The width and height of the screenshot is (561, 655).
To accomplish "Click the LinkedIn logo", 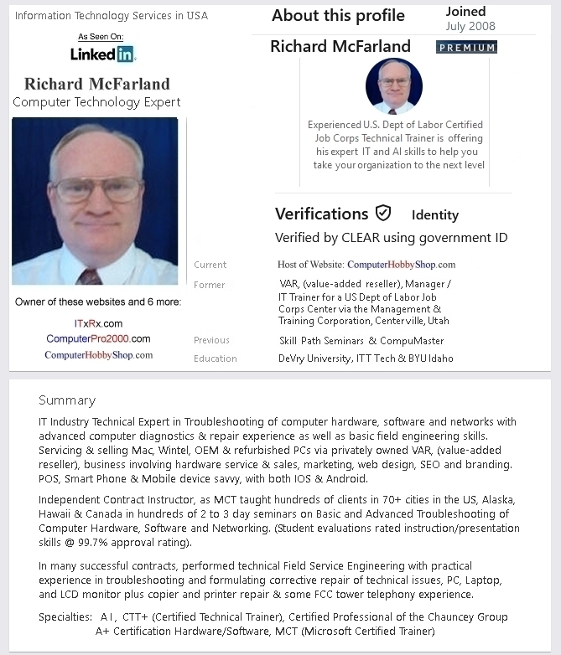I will point(102,54).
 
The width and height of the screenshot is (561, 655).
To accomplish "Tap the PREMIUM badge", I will point(466,48).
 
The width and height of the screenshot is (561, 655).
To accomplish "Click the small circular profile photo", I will point(394,85).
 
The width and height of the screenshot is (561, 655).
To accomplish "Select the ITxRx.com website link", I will point(98,323).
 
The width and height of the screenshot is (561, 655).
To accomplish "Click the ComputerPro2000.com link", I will point(98,339).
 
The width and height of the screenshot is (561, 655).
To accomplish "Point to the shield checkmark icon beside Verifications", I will point(383,213).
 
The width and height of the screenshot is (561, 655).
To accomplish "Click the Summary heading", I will point(67,400).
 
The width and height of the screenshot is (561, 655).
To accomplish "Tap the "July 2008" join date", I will point(470,27).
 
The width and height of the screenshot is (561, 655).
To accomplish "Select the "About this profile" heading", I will point(338,16).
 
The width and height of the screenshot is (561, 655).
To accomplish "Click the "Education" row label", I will point(216,358).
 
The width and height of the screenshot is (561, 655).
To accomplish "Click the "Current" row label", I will point(210,265).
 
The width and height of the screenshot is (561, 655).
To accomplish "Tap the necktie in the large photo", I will point(88,276).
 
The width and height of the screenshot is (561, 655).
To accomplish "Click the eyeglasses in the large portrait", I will point(97,189).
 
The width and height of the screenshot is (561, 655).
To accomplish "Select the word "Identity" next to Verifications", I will point(434,215).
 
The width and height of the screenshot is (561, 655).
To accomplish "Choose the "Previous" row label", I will point(211,340).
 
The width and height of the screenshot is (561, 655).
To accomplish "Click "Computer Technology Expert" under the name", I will point(96,102).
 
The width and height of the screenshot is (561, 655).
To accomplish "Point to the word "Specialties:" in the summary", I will point(65,617).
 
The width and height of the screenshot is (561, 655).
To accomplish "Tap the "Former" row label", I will point(209,285).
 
